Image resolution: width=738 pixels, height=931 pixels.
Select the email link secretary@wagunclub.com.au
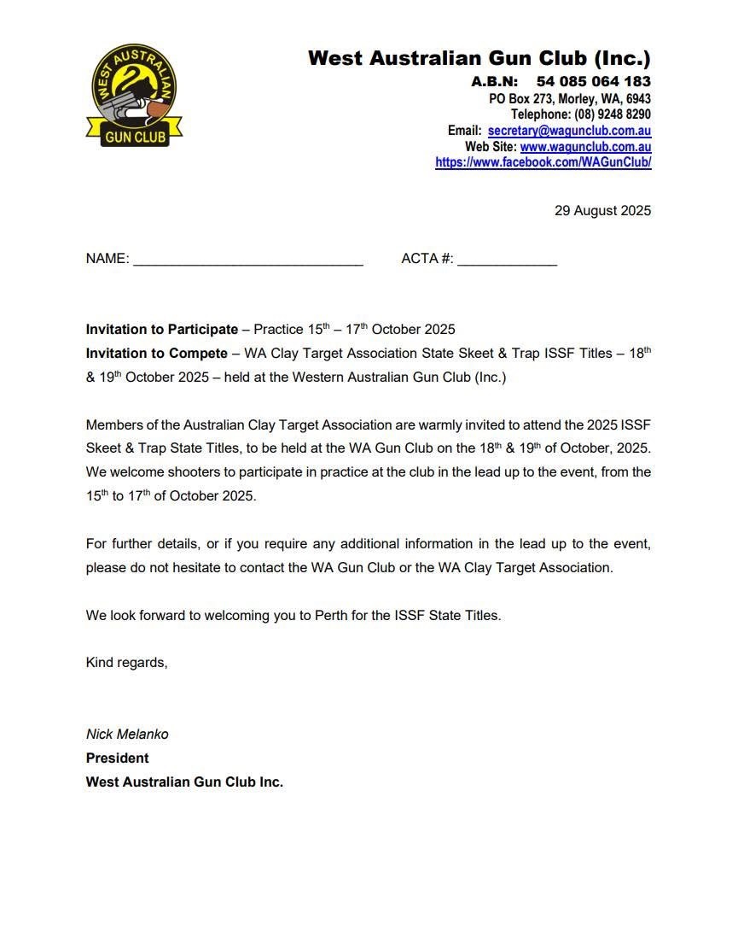(569, 132)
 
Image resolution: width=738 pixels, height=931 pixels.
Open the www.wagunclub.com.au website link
(585, 147)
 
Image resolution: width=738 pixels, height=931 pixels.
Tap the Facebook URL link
(543, 162)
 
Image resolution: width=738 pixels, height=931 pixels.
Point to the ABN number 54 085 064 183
(593, 82)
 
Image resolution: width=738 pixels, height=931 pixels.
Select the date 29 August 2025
(602, 211)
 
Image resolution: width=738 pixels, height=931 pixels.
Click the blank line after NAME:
(248, 261)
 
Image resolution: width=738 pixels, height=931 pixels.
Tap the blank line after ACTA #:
(507, 261)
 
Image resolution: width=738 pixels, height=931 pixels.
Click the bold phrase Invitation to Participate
(162, 330)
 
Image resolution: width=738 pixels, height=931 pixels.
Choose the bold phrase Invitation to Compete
(157, 354)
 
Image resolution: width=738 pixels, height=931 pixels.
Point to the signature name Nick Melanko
(127, 735)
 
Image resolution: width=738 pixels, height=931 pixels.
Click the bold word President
(117, 758)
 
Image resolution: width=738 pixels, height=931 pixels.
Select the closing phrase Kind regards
(126, 663)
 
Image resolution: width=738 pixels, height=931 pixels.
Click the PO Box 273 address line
(569, 99)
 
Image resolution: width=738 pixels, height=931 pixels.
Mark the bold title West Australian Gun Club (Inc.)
(479, 59)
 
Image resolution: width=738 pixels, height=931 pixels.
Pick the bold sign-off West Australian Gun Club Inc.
(184, 782)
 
